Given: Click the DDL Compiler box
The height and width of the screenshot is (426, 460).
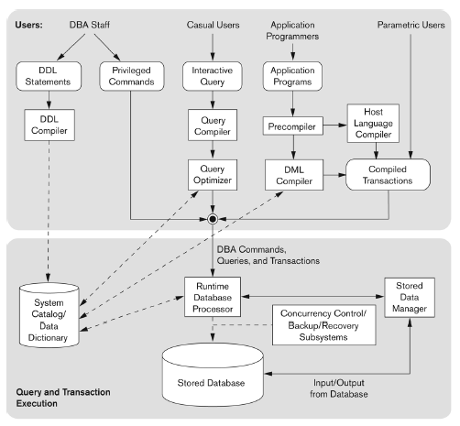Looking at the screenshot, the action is point(49,125).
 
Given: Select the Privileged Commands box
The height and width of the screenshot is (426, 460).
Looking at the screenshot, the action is point(132,76).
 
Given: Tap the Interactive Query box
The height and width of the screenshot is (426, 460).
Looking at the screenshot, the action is point(213,76).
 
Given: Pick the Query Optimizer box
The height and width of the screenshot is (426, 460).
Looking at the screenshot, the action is point(213,175).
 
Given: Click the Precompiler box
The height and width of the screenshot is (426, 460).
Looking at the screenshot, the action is point(293,126).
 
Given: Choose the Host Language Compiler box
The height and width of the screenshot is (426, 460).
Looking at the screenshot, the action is point(373,123).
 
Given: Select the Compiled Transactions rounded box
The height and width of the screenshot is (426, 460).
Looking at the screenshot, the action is point(388,175).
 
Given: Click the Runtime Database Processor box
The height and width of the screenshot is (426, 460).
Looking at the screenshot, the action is point(213,297).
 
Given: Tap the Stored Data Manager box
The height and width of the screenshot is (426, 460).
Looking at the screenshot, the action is point(410,298).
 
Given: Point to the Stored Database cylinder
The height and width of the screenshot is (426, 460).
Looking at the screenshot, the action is point(213,375).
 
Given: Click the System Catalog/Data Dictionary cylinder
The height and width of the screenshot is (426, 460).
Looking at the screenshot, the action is point(49,315).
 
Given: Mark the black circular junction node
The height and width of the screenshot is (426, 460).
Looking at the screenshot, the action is point(213,219).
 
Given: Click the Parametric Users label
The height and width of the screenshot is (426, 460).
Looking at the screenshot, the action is point(411,25).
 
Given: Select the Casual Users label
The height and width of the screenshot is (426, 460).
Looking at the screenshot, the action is point(213,25).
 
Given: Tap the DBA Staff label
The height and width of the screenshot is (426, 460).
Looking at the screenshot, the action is point(90,25).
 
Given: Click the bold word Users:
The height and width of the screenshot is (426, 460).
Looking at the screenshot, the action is point(29,25).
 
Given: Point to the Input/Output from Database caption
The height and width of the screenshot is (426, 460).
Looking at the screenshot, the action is point(339,388).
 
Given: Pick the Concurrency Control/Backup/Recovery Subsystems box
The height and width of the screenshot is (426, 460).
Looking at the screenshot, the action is point(323,325).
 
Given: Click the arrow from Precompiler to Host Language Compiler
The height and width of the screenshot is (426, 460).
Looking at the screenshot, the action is point(335,125).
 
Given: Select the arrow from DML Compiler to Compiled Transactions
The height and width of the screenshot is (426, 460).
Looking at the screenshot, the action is point(334,175).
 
